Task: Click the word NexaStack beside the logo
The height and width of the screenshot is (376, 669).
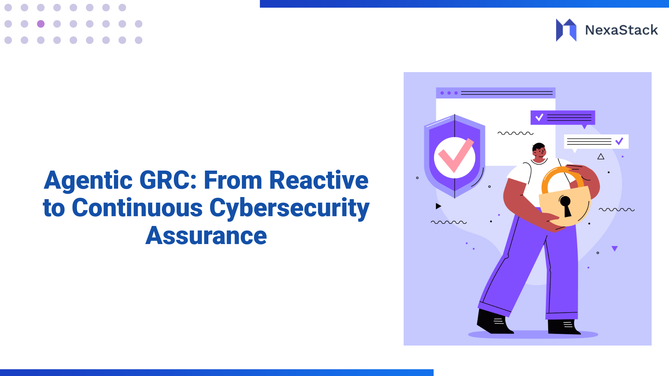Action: (621, 30)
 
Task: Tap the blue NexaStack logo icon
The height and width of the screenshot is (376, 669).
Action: (566, 30)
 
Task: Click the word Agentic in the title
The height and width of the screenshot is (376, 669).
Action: (88, 180)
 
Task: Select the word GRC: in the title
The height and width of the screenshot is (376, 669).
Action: (168, 180)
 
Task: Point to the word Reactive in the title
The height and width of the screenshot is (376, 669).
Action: (319, 180)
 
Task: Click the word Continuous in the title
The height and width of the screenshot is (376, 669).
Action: (137, 208)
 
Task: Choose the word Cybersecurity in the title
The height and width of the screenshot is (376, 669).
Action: (289, 209)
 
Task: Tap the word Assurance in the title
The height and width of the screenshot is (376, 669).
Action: (206, 236)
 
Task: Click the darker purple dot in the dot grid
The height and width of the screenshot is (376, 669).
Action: (41, 24)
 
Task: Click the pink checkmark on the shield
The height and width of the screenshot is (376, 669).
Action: (455, 156)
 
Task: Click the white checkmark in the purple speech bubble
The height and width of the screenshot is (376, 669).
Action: (539, 117)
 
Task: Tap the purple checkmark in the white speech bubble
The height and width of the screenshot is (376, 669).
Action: (619, 141)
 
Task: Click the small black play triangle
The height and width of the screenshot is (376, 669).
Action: (438, 206)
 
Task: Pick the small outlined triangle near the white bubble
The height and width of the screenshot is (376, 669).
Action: (601, 157)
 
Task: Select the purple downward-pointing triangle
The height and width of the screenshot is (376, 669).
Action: (615, 248)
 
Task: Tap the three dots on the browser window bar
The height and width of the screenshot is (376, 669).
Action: (449, 93)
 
